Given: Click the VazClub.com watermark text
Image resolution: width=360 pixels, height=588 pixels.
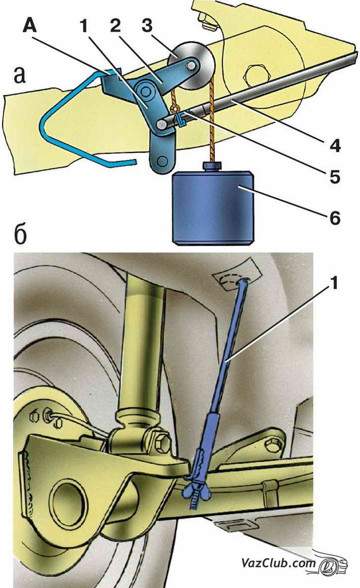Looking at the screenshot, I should click(278, 563).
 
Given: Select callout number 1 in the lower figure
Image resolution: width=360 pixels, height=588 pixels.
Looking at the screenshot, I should click(334, 283).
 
